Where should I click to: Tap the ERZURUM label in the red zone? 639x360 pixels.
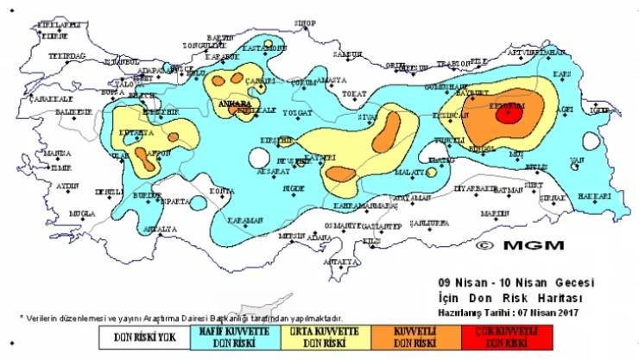506,104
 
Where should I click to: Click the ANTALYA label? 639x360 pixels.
161,229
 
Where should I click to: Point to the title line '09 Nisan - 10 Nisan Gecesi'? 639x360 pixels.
516,283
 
